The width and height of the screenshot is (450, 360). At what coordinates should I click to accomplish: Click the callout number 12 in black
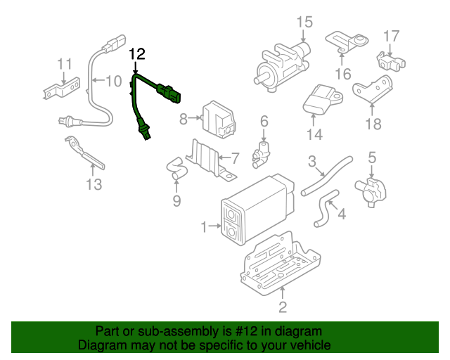click(x=137, y=54)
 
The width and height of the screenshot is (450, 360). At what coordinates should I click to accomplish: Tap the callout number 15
click(x=303, y=22)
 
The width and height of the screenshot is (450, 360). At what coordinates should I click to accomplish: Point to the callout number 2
click(x=282, y=307)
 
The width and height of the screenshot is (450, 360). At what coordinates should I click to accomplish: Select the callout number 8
click(x=184, y=119)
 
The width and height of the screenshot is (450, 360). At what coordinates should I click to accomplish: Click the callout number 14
click(x=314, y=134)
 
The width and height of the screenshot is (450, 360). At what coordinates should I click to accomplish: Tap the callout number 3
click(x=311, y=162)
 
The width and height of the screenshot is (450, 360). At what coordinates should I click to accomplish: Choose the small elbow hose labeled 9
click(x=174, y=167)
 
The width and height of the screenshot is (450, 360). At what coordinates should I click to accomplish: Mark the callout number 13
click(x=94, y=185)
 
